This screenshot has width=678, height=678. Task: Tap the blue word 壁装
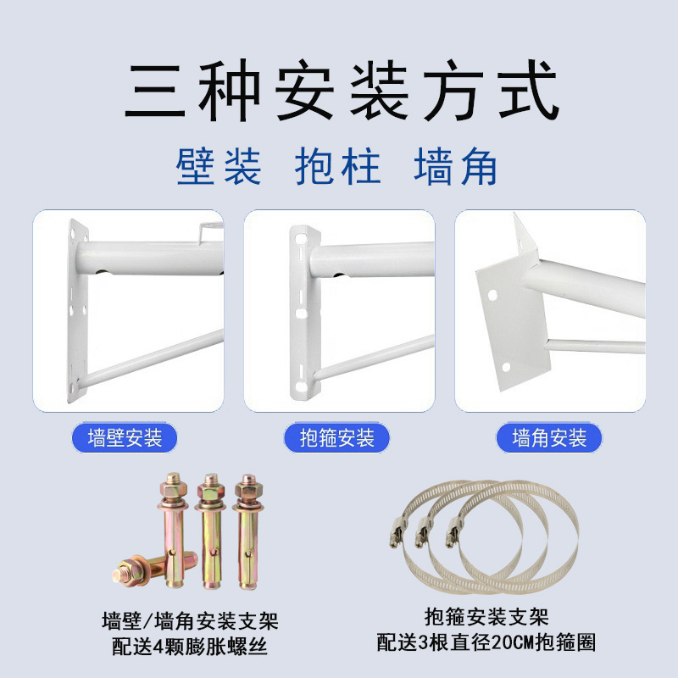219,167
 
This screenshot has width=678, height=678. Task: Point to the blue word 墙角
455,167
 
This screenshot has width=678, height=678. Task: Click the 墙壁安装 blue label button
125,438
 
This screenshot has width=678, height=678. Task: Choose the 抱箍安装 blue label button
336,438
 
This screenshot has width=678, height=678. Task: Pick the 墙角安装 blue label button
549,438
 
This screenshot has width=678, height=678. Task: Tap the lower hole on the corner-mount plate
505,367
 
